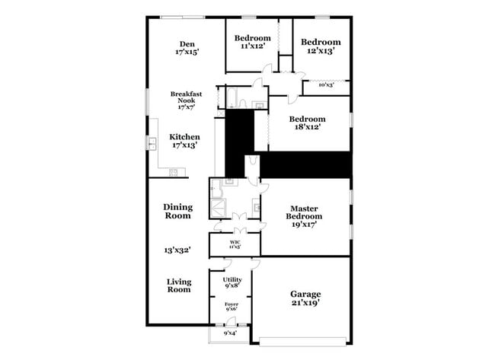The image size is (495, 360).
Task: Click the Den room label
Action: pyautogui.click(x=186, y=43)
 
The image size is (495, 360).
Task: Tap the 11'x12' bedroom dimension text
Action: pyautogui.click(x=252, y=47)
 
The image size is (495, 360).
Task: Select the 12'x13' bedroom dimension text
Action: pyautogui.click(x=319, y=51)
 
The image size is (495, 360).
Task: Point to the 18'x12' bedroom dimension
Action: pyautogui.click(x=307, y=128)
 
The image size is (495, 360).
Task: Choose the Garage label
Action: pyautogui.click(x=305, y=294)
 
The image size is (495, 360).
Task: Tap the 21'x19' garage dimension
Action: pyautogui.click(x=305, y=303)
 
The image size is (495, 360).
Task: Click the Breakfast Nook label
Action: pyautogui.click(x=186, y=98)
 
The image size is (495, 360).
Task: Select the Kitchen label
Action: pyautogui.click(x=185, y=137)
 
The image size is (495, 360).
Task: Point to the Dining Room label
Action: pyautogui.click(x=178, y=211)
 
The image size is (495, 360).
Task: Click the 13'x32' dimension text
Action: pyautogui.click(x=177, y=249)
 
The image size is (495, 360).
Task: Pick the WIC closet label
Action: pyautogui.click(x=235, y=242)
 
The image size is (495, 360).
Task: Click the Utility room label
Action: pyautogui.click(x=232, y=280)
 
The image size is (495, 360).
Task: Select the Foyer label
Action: pyautogui.click(x=231, y=304)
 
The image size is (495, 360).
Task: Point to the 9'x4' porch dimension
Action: pyautogui.click(x=229, y=333)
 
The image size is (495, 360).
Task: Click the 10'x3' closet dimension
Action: pyautogui.click(x=325, y=84)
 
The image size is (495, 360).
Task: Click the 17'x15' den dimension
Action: pyautogui.click(x=186, y=53)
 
